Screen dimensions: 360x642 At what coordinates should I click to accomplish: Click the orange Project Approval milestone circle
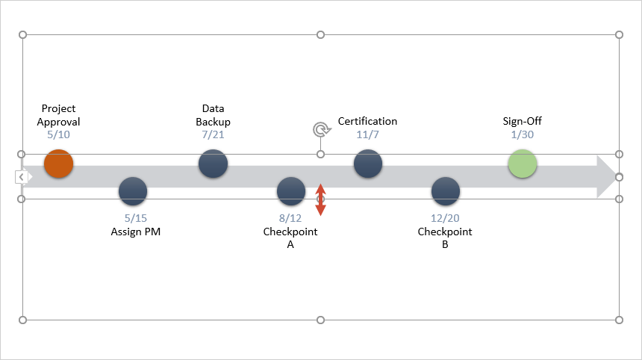click(58, 164)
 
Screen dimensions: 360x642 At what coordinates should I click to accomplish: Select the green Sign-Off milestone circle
click(523, 164)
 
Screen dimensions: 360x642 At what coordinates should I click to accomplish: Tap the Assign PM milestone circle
click(133, 191)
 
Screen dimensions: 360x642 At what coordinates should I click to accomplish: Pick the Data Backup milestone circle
click(213, 164)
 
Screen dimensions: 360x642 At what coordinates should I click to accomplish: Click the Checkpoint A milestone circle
click(290, 191)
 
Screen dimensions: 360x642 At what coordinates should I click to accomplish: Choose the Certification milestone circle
click(367, 164)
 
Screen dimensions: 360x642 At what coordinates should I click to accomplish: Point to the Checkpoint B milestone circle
click(445, 191)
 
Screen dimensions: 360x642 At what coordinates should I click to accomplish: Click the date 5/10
click(58, 135)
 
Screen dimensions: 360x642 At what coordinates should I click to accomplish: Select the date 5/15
click(136, 219)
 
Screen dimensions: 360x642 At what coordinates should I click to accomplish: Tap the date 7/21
click(213, 135)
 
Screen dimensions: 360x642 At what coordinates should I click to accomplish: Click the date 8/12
click(290, 219)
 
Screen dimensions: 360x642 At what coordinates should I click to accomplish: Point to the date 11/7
click(367, 135)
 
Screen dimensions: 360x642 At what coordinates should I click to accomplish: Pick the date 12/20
click(445, 219)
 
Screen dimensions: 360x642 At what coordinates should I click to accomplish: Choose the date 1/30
click(523, 135)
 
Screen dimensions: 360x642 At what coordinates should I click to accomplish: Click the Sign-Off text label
click(523, 121)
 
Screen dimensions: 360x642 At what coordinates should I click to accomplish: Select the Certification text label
click(367, 121)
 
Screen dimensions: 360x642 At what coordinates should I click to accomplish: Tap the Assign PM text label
click(136, 232)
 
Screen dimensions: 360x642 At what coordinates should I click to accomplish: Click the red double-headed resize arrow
click(320, 200)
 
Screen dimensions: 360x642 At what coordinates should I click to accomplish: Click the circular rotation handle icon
click(321, 130)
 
